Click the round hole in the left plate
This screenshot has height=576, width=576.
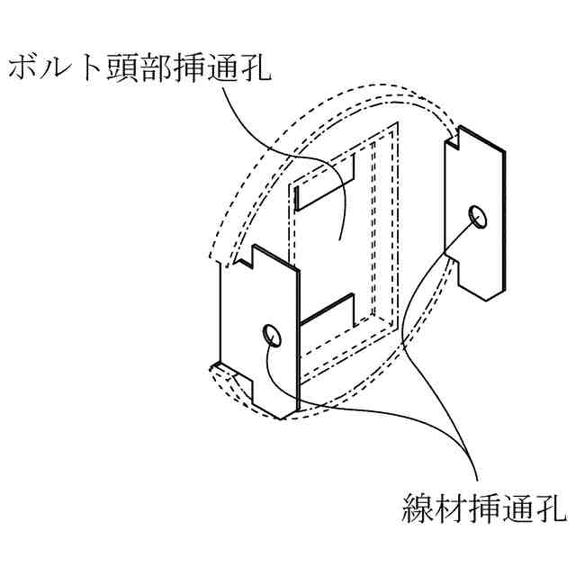click(x=273, y=336)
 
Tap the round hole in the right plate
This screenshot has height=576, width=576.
click(x=478, y=215)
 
